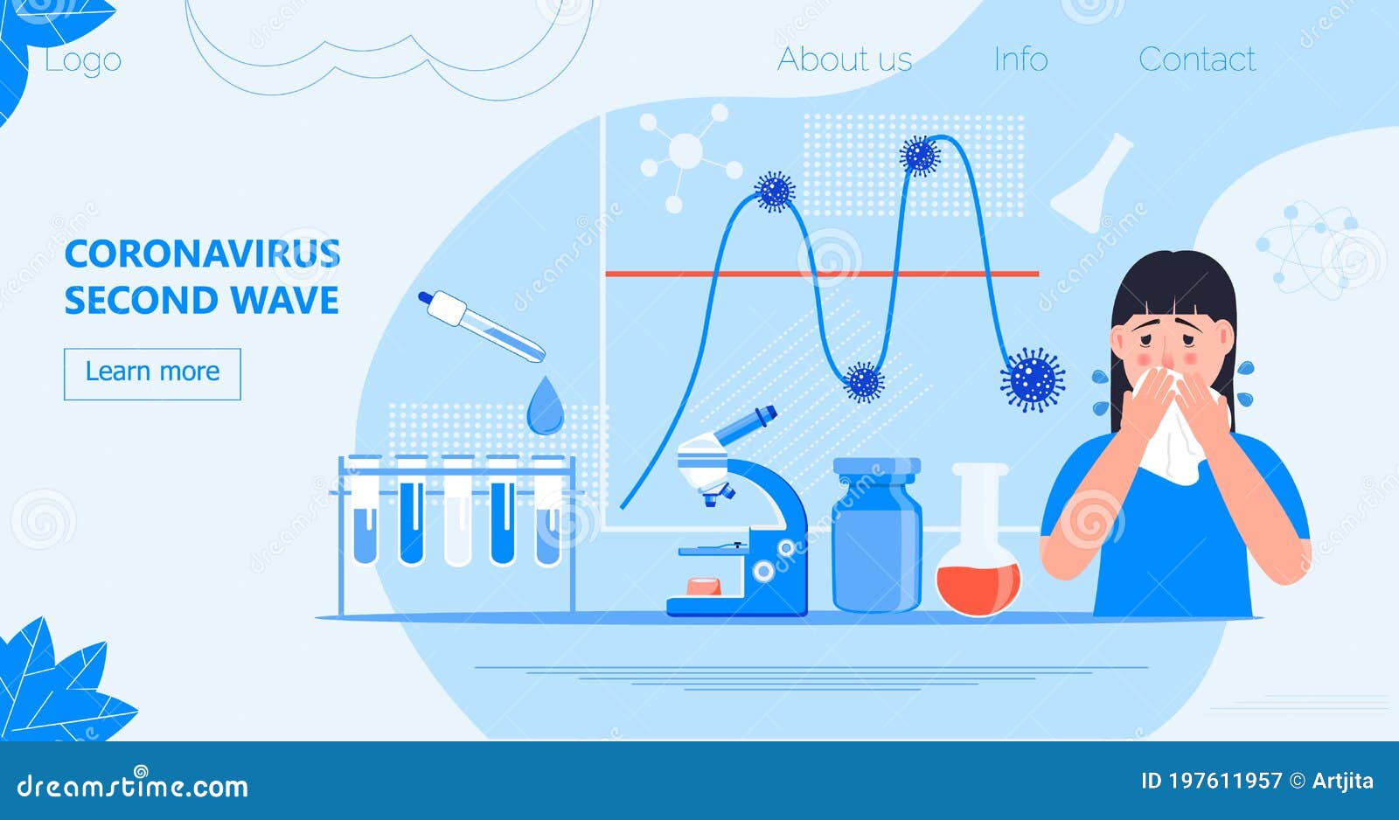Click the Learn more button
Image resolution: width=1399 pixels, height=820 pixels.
pyautogui.click(x=152, y=373)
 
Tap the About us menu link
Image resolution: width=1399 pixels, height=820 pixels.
pyautogui.click(x=845, y=59)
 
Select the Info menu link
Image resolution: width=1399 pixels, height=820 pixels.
pyautogui.click(x=1020, y=59)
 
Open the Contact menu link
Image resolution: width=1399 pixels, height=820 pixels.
pyautogui.click(x=1197, y=59)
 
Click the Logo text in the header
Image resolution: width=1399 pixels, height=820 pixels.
pyautogui.click(x=83, y=60)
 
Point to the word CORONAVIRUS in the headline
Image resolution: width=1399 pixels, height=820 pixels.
pyautogui.click(x=202, y=254)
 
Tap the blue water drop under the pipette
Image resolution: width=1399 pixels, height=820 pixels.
pyautogui.click(x=545, y=407)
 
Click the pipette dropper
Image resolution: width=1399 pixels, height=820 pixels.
pyautogui.click(x=481, y=326)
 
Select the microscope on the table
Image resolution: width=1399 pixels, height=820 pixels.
pyautogui.click(x=742, y=516)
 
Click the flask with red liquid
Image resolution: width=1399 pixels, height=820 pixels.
pyautogui.click(x=978, y=551)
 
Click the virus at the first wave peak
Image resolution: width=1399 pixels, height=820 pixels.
pyautogui.click(x=775, y=191)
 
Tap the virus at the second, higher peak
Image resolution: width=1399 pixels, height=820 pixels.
pyautogui.click(x=919, y=156)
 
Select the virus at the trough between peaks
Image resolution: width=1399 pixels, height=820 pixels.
pyautogui.click(x=864, y=382)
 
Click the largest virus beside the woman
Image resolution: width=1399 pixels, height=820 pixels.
pyautogui.click(x=1033, y=379)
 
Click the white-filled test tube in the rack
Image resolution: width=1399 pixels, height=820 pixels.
pyautogui.click(x=457, y=511)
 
